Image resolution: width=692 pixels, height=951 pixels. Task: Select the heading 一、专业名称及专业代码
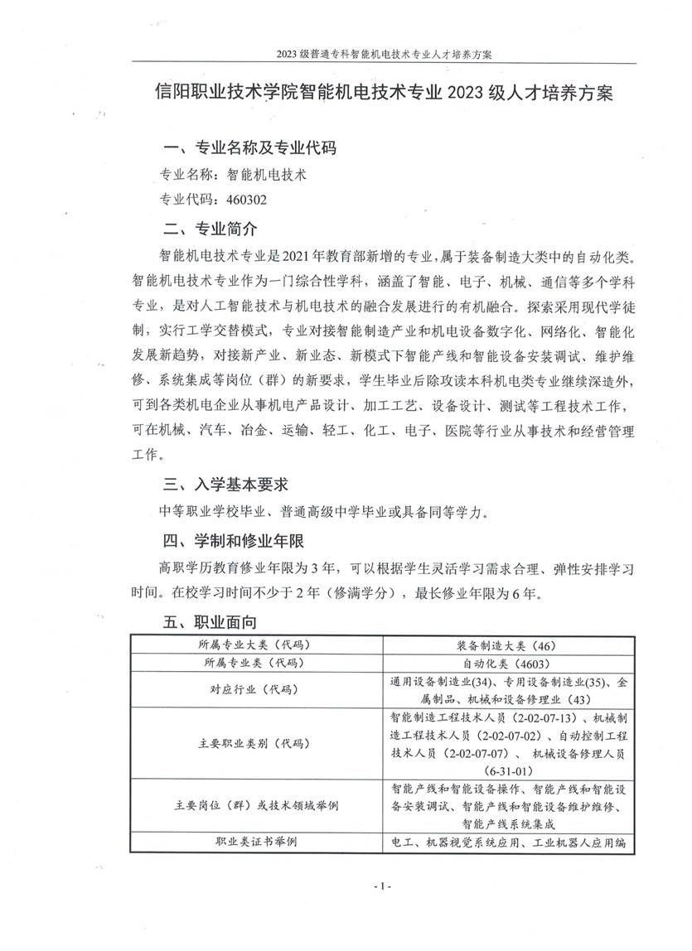250,149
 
